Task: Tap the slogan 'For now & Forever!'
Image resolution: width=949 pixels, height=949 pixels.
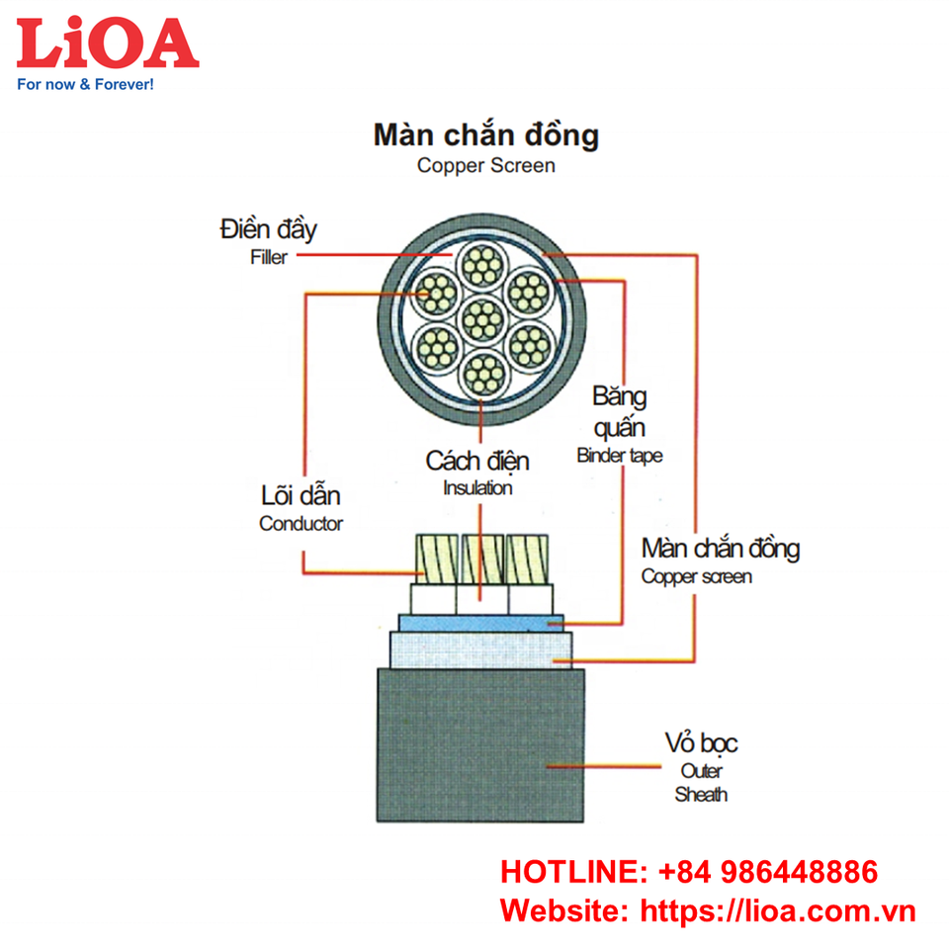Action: point(85,85)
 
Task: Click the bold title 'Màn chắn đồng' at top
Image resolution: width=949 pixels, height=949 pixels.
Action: point(485,134)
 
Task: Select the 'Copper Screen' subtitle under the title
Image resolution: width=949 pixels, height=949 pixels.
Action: point(485,166)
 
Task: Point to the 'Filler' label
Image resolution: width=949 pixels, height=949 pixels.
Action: point(267,257)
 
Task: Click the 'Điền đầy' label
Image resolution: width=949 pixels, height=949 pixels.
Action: point(268,231)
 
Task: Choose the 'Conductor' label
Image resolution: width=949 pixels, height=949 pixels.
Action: point(301,524)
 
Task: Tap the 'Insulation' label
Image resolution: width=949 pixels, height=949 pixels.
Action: point(477,487)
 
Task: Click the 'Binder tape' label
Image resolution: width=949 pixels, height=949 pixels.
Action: point(619,456)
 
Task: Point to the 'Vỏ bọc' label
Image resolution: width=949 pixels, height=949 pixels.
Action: point(701,744)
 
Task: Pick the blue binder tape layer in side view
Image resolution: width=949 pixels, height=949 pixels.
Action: point(480,623)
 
